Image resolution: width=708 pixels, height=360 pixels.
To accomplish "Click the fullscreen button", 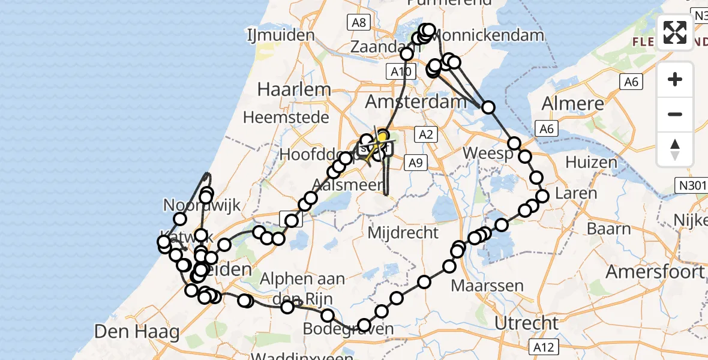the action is click(x=675, y=32).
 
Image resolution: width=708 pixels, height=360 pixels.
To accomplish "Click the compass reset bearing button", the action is click(x=675, y=149).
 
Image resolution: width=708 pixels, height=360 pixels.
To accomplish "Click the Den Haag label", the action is click(x=137, y=331).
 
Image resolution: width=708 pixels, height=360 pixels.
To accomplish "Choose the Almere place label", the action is click(x=573, y=103).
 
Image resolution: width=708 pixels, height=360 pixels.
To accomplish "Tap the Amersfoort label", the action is click(x=655, y=272).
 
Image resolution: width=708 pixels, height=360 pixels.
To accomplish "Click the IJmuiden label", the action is click(x=281, y=35).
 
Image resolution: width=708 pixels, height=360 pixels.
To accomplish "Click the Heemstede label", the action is click(x=286, y=116).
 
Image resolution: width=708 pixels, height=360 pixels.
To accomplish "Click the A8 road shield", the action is click(x=358, y=22).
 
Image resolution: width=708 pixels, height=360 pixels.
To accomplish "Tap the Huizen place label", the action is click(x=592, y=162).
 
